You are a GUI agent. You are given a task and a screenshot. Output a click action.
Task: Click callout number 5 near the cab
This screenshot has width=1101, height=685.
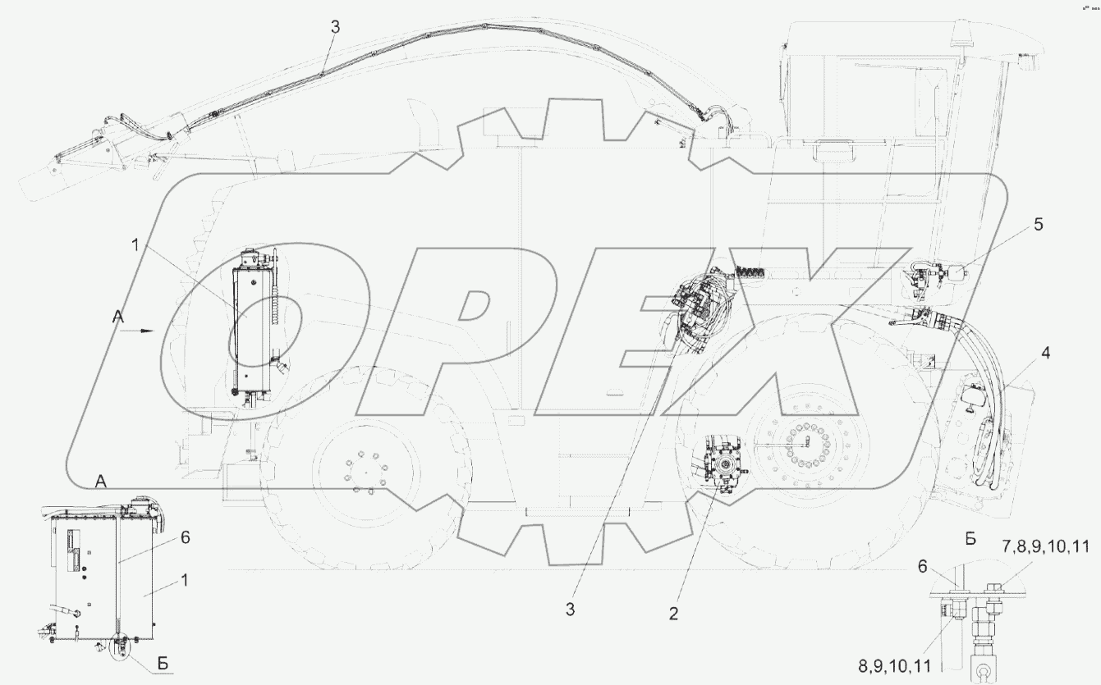coord(1038,225)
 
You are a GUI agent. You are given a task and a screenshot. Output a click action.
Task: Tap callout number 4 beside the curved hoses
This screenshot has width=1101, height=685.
coord(1045,353)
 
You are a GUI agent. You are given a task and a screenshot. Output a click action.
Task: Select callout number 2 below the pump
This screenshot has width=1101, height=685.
coord(673,614)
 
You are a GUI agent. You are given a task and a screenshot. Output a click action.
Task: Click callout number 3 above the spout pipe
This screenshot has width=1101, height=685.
coord(335,27)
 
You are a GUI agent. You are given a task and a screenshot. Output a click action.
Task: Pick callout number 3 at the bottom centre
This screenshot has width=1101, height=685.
coord(570,610)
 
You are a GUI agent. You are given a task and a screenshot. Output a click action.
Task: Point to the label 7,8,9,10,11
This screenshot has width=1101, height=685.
coord(1046,546)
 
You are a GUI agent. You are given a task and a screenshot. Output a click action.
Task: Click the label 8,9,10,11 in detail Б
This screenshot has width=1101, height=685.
coord(895,666)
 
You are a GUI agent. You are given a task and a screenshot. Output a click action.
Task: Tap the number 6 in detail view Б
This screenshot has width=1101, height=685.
coord(922,567)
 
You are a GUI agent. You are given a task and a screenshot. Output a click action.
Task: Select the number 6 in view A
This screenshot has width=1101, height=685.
coord(186,537)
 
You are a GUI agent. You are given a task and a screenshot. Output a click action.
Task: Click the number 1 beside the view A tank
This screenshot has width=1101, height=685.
coord(184,581)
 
